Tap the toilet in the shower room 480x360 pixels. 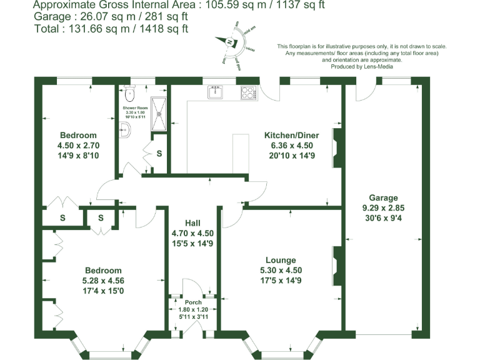129,94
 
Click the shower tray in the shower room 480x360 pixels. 159,114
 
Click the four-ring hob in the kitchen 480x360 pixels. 249,92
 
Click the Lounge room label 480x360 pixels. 281,260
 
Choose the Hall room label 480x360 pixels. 192,223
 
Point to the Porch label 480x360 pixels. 192,302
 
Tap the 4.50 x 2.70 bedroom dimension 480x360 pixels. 77,146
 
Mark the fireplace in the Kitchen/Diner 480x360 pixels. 336,148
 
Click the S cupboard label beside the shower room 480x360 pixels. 159,152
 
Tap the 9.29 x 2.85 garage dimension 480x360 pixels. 383,208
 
